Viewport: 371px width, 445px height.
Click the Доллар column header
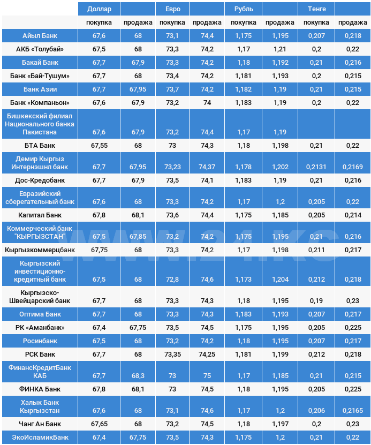[x=99, y=9]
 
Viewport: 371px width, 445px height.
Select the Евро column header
[x=165, y=9]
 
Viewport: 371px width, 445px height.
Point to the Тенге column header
[x=316, y=9]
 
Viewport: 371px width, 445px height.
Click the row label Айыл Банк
[x=40, y=35]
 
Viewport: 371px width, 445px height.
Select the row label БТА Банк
[x=40, y=145]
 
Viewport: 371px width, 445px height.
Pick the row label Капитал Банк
[x=40, y=215]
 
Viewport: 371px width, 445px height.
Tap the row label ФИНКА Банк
[x=40, y=389]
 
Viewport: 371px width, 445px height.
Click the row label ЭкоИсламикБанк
[x=40, y=438]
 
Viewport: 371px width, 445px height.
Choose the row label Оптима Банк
[x=40, y=314]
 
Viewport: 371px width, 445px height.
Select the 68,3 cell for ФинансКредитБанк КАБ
[x=138, y=375]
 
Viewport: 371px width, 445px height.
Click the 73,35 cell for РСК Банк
[x=172, y=354]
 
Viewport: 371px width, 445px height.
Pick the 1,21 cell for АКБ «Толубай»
[x=278, y=49]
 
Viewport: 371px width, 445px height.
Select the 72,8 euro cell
[x=172, y=279]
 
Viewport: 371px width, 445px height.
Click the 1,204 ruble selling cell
[x=278, y=279]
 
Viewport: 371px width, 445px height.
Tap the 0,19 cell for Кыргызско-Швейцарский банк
[x=316, y=300]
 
